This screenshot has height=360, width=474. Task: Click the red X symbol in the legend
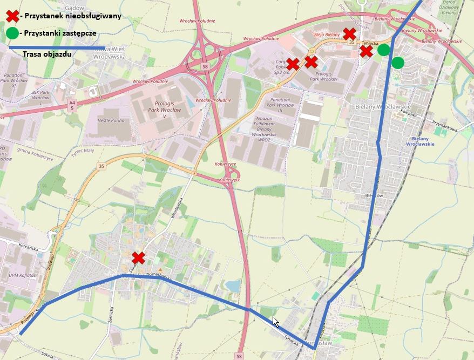point(12,16)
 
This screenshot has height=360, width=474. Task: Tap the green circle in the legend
point(12,33)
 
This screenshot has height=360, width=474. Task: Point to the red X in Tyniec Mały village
point(139,257)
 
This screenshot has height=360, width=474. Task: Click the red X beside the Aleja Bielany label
point(350,33)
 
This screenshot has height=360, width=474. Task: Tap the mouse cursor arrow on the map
point(275,321)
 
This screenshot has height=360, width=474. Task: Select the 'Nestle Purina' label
point(112,120)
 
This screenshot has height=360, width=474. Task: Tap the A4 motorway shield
point(72,105)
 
